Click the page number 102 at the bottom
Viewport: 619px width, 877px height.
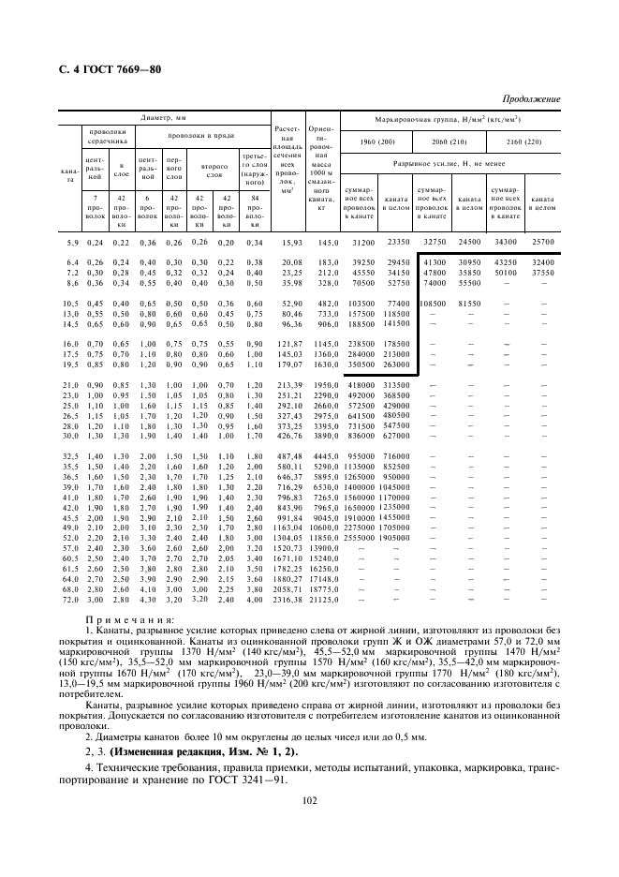pyautogui.click(x=308, y=799)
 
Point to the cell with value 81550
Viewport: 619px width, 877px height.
pyautogui.click(x=468, y=305)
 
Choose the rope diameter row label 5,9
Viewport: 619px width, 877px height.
pyautogui.click(x=71, y=243)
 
